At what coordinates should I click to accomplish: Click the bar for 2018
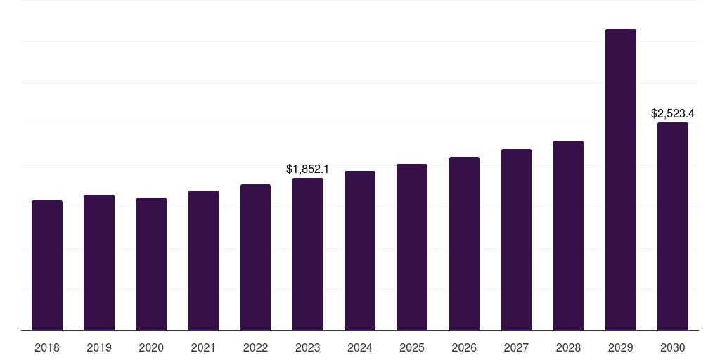47,266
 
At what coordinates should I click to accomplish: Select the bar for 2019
99,263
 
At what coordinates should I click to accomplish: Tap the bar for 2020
151,264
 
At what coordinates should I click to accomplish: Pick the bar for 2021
203,261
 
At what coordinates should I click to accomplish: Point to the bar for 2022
255,257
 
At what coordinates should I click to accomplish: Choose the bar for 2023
308,255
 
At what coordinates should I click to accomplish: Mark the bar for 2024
360,251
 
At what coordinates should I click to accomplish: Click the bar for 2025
412,247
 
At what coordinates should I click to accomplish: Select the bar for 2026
464,244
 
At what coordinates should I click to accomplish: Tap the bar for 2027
516,240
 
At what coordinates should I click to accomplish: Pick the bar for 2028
568,236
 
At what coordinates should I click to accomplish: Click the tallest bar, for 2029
621,180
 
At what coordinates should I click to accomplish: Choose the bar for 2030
673,226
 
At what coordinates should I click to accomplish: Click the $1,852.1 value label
308,169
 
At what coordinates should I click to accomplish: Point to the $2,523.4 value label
673,113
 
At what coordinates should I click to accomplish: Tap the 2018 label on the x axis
47,347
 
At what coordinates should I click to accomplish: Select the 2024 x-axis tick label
360,347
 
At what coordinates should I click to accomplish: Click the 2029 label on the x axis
621,347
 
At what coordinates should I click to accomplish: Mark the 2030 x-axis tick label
673,347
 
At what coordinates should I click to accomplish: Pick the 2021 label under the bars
203,347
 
